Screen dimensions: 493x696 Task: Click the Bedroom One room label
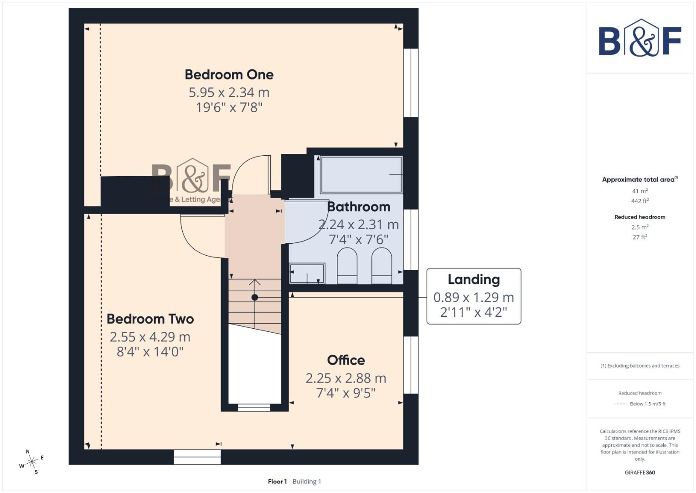229,74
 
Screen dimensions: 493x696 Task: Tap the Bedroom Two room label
150,319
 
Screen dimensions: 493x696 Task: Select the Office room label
346,360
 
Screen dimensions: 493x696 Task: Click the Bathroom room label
359,207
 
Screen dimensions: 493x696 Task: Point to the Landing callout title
474,279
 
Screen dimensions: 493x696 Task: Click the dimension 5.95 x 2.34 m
229,92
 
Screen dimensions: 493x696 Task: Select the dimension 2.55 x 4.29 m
150,337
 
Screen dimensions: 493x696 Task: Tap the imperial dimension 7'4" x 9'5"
346,393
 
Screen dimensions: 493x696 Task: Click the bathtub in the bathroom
361,175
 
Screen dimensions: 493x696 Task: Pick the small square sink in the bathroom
307,273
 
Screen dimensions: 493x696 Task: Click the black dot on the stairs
255,297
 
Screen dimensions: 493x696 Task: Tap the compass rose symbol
31,462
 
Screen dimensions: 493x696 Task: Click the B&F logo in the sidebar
639,38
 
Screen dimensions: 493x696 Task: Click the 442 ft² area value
639,201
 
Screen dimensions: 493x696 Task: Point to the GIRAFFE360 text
639,472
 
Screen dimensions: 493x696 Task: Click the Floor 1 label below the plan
277,482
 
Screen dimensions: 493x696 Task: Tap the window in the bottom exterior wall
197,457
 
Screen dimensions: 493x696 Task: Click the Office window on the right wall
411,365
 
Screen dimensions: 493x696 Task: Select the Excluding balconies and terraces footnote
639,366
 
